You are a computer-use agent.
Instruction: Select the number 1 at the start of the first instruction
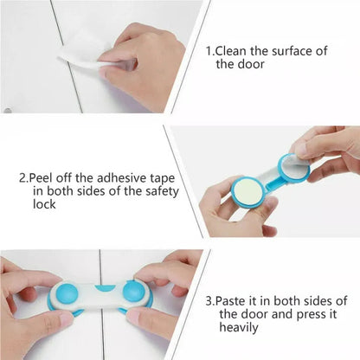[x=209, y=51]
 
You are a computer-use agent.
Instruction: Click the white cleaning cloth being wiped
[x=82, y=48]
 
